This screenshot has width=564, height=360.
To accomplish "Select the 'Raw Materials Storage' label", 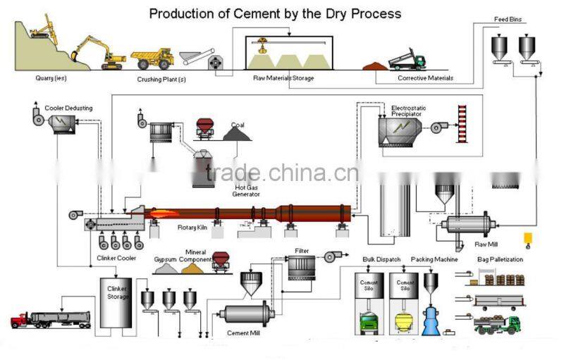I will [x=283, y=78].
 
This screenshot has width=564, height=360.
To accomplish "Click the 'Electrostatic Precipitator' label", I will [x=409, y=109].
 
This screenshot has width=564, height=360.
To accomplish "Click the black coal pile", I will [x=238, y=132].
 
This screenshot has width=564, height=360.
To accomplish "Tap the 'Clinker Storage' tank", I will [x=116, y=303].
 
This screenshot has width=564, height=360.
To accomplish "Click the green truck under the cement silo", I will [x=369, y=323].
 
